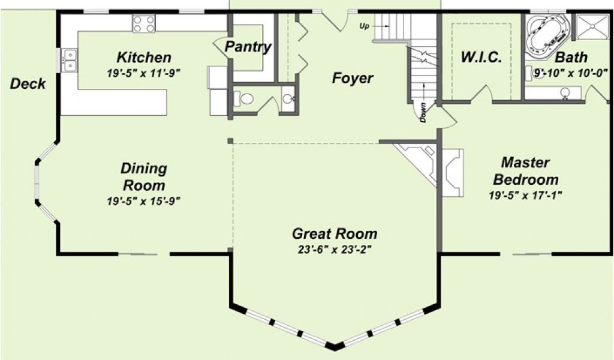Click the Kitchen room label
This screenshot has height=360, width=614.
(x=144, y=58)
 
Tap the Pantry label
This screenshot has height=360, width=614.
(x=248, y=47)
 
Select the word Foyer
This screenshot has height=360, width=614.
(x=353, y=79)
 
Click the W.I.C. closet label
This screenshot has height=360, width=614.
(x=481, y=57)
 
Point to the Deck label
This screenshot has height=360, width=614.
(x=28, y=83)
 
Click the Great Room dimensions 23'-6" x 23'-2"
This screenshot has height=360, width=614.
(x=335, y=250)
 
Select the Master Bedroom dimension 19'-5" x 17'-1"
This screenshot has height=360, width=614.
(x=525, y=195)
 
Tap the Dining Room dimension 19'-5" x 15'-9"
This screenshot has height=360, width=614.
(x=144, y=202)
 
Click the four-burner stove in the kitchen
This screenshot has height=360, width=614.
(x=144, y=23)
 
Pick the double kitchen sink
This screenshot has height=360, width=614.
(x=70, y=61)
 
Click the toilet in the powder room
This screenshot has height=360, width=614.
(x=243, y=98)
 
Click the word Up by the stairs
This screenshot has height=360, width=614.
(x=364, y=26)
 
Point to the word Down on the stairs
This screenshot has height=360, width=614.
(x=423, y=112)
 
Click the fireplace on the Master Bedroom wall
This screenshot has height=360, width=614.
(x=453, y=172)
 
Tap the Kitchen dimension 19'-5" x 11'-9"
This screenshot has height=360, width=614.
(x=144, y=73)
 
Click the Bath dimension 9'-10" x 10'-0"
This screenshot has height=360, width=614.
(x=571, y=73)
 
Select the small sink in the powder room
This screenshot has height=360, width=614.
(x=288, y=99)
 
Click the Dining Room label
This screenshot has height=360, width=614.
(x=144, y=176)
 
